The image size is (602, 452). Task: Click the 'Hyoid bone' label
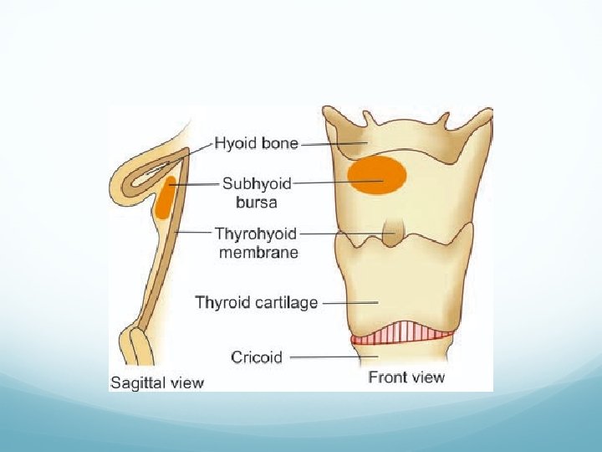pos(256,144)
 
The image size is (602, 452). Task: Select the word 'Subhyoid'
pos(256,182)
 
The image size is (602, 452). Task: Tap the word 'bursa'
pos(256,201)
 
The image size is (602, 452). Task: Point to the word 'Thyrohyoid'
pos(256,234)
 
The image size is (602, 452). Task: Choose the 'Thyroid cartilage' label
pos(256,302)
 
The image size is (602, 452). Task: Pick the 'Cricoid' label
pos(258,357)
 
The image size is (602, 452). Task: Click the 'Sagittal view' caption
pos(157,383)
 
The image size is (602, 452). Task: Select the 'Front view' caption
pos(407,378)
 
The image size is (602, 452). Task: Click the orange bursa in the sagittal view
pos(164,198)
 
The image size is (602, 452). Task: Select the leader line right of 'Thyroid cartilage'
pos(349,302)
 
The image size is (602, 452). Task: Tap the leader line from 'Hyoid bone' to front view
pos(333,144)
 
